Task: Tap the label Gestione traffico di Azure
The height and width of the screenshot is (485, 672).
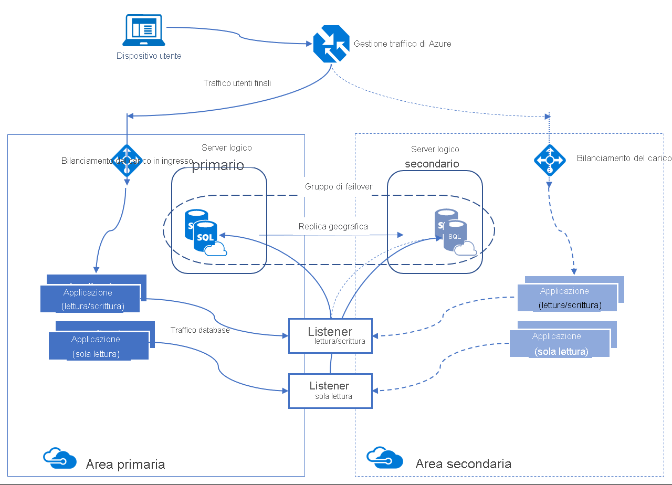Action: [402, 44]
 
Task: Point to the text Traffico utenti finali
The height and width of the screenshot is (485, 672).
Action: [237, 83]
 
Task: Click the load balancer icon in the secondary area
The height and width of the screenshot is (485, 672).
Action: [550, 160]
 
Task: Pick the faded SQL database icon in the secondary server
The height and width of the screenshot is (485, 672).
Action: [451, 233]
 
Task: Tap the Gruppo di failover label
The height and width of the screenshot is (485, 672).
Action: [339, 187]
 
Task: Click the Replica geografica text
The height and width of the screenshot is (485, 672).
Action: [333, 227]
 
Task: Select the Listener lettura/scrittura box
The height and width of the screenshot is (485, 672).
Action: [330, 335]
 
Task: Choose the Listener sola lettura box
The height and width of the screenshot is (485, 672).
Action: [330, 391]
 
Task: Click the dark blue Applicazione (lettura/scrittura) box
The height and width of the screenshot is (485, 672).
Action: [90, 299]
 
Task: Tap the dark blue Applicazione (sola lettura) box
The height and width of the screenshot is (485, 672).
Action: [98, 346]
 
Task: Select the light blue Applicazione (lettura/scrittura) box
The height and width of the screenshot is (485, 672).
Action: [567, 298]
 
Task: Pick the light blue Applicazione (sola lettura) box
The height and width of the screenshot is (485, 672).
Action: [560, 343]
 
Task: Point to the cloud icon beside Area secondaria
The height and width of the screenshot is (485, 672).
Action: [384, 457]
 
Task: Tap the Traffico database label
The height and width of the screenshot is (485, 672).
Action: [200, 330]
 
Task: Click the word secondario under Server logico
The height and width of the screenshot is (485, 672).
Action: [432, 164]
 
